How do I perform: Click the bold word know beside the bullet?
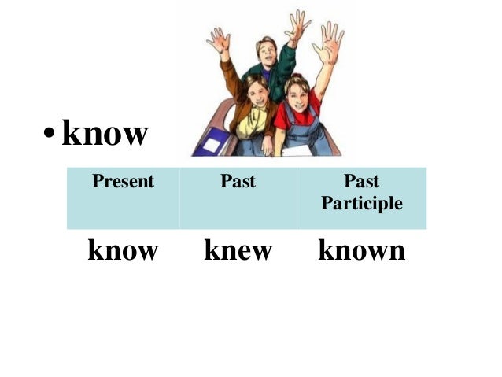click(x=105, y=134)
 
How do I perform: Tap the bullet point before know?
click(x=49, y=135)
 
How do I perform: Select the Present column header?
click(x=123, y=182)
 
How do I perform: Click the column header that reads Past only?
click(x=238, y=182)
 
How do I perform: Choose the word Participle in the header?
click(x=361, y=204)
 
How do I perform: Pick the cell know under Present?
click(x=123, y=251)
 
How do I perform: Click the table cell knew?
click(x=238, y=251)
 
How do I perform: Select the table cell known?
click(x=361, y=251)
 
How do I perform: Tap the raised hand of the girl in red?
click(x=329, y=41)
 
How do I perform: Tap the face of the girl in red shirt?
click(x=297, y=92)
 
